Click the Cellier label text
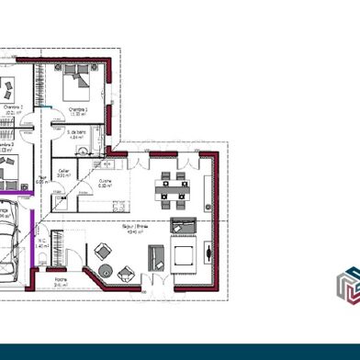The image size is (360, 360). (x=64, y=172)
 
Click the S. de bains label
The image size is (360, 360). (x=77, y=134)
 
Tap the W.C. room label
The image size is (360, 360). (x=43, y=244)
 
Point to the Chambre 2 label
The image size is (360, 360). (x=8, y=147)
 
